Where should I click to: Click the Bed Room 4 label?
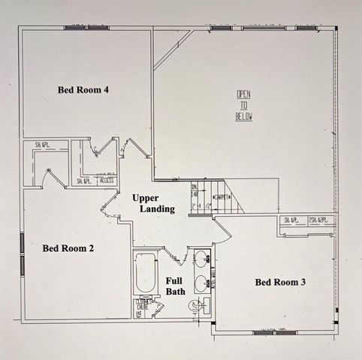pos(83,90)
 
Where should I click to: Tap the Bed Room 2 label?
pos(68,247)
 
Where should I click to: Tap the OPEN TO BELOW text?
pos(244,106)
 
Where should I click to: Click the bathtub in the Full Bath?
pos(145,272)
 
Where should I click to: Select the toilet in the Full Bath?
pos(195,306)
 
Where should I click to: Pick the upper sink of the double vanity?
pos(201,259)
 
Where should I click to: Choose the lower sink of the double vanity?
pos(201,283)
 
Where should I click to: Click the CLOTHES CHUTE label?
pos(143,307)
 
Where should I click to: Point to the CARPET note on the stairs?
pos(223,197)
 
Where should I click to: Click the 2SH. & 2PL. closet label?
pos(318,220)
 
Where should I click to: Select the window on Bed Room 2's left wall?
pos(22,253)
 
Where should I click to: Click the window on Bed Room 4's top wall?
pos(87,28)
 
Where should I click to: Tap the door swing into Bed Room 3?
pos(222,229)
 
